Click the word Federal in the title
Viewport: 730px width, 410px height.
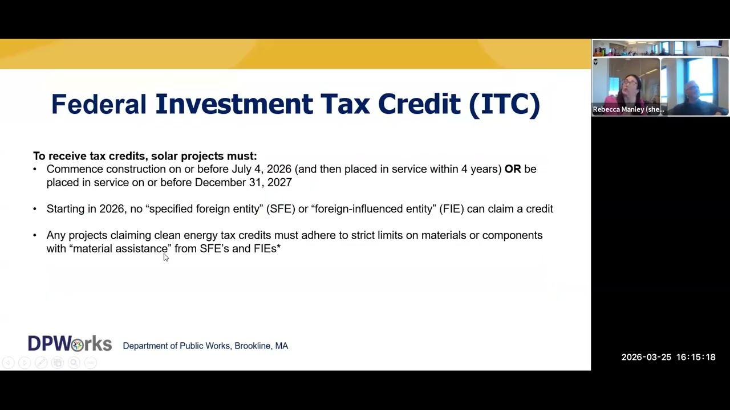[x=99, y=104]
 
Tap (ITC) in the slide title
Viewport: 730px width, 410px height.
[x=505, y=105]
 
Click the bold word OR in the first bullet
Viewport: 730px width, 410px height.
[x=513, y=169]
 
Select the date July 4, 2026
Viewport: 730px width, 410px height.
[x=261, y=170]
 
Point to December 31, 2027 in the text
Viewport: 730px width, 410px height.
[x=243, y=183]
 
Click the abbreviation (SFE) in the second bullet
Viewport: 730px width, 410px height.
[x=281, y=209]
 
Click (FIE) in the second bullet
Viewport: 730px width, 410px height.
[x=451, y=209]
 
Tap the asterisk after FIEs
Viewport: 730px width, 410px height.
[x=279, y=247]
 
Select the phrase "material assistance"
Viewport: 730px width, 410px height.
[x=120, y=249]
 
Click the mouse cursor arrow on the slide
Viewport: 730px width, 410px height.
[x=166, y=257]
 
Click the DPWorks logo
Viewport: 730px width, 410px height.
[x=70, y=343]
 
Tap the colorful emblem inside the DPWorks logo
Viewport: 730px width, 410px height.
[x=78, y=346]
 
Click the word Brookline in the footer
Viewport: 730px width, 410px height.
[x=253, y=346]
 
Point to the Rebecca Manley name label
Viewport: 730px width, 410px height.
[x=628, y=110]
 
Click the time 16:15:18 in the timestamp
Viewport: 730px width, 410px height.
[x=696, y=357]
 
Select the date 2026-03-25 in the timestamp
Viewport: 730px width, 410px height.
[x=646, y=357]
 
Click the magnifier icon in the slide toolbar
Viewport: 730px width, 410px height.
[x=74, y=363]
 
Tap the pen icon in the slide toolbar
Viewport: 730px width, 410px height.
[x=41, y=363]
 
